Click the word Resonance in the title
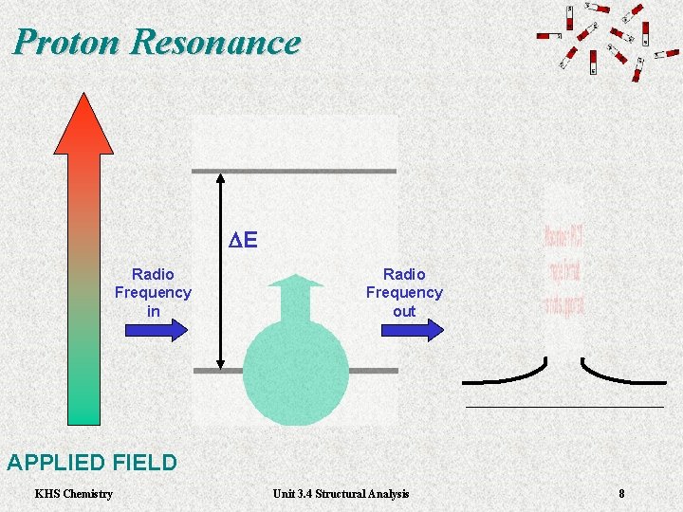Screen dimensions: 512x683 (216, 43)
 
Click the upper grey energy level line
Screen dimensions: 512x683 (294, 171)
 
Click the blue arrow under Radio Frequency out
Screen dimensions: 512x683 (412, 329)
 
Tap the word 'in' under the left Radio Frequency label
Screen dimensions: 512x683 (153, 311)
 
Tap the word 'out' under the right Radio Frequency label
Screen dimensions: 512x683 (404, 311)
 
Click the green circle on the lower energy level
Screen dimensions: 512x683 (295, 374)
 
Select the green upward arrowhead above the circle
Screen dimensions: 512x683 (296, 281)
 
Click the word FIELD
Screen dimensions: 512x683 (144, 463)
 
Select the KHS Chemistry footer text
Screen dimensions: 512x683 (73, 493)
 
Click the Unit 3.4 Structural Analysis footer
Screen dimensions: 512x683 (341, 493)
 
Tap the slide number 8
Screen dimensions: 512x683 (621, 493)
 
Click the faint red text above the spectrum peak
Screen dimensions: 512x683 (563, 270)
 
